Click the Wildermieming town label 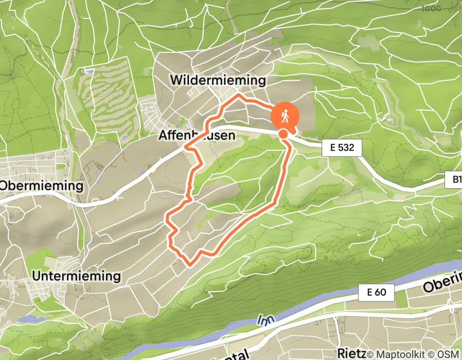click(218, 80)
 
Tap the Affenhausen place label click(197, 136)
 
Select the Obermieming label click(42, 186)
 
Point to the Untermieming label click(76, 276)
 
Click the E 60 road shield click(377, 293)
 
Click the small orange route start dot click(283, 134)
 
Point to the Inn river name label click(265, 320)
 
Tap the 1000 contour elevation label click(432, 8)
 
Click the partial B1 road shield click(453, 181)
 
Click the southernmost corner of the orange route click(189, 264)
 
